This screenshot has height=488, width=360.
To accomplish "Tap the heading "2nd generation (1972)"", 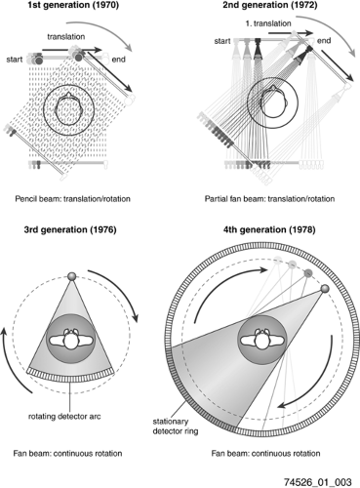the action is [269, 5].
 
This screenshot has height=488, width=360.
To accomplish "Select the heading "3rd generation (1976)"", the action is [70, 229].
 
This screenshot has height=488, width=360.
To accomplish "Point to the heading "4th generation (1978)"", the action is [269, 229].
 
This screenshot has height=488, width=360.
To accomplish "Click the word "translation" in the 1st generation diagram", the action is [66, 36].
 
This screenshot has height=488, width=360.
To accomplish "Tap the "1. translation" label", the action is [268, 23].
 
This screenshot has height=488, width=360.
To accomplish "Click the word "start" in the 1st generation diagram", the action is [15, 60].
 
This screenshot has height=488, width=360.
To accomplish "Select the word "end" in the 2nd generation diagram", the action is [324, 41].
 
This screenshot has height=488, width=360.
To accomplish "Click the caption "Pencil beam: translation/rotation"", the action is [72, 199].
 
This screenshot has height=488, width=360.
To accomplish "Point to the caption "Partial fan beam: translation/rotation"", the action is [269, 199].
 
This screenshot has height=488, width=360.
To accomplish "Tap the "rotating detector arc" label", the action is [64, 417].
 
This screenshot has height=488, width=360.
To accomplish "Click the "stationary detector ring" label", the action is [176, 427].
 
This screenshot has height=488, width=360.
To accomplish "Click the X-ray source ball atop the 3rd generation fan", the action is [71, 276].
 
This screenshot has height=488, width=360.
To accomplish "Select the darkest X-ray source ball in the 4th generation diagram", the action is [325, 289].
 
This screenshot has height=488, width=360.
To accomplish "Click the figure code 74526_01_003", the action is [318, 482].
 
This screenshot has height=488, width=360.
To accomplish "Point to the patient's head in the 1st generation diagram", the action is [68, 108].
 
